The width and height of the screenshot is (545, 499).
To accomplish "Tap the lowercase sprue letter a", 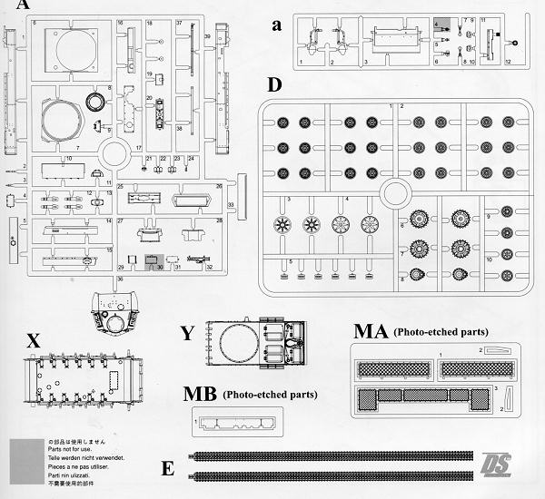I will [x=277, y=25].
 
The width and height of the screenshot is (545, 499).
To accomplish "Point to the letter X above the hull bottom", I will [x=34, y=340].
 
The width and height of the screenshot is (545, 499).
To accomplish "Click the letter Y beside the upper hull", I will [x=187, y=333].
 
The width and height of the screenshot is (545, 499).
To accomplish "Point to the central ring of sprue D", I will [x=396, y=193].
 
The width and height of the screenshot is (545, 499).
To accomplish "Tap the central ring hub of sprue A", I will [x=115, y=148].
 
